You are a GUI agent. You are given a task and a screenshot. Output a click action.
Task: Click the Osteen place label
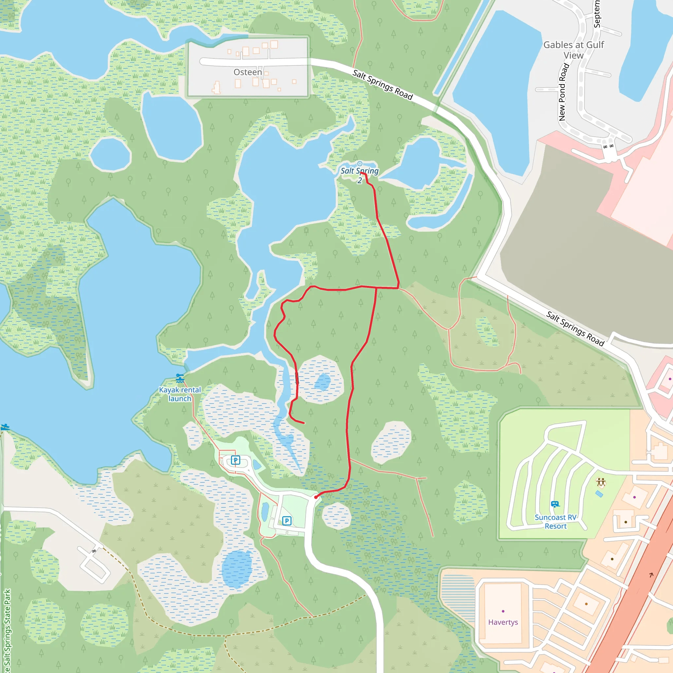point(247,72)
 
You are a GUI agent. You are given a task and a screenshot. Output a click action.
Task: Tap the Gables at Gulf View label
point(573,50)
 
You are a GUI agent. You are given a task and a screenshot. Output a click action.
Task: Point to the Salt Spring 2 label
point(360,175)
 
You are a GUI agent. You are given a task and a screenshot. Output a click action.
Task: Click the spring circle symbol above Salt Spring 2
point(360,164)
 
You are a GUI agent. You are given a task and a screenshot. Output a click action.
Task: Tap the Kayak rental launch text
point(180,394)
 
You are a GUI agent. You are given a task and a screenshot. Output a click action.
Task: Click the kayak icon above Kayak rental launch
point(180,378)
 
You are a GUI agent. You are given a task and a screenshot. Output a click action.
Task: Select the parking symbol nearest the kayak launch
point(236,460)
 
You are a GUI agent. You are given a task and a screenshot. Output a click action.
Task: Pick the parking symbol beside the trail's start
point(287,521)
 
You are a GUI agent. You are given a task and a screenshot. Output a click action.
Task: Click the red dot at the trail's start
point(315,497)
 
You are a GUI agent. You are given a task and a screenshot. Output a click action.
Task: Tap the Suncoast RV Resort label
point(556,522)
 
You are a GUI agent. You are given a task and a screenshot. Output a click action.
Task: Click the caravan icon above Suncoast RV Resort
point(555,504)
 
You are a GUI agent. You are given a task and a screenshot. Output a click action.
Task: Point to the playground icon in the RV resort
point(601,482)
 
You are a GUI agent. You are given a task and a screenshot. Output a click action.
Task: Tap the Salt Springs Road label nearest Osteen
point(383,85)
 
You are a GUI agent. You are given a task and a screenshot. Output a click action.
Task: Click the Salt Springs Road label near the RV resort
point(575,329)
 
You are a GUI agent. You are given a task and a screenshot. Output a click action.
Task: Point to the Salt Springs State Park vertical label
point(7,631)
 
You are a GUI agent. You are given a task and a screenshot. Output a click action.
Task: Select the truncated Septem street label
point(597,14)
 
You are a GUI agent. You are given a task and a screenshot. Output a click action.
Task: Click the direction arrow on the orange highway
point(651,575)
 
